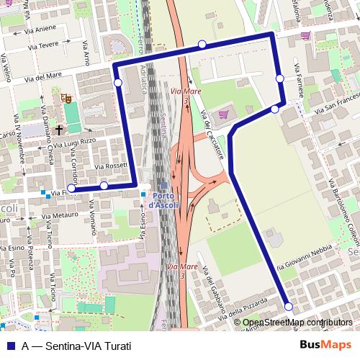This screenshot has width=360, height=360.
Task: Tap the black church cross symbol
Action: click(x=58, y=131)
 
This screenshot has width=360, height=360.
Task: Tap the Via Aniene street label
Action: click(x=41, y=28)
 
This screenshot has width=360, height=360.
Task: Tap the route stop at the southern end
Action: click(x=289, y=307)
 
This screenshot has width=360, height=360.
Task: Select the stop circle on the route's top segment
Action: click(x=202, y=45)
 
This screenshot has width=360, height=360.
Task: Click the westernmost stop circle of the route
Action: click(x=71, y=189)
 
